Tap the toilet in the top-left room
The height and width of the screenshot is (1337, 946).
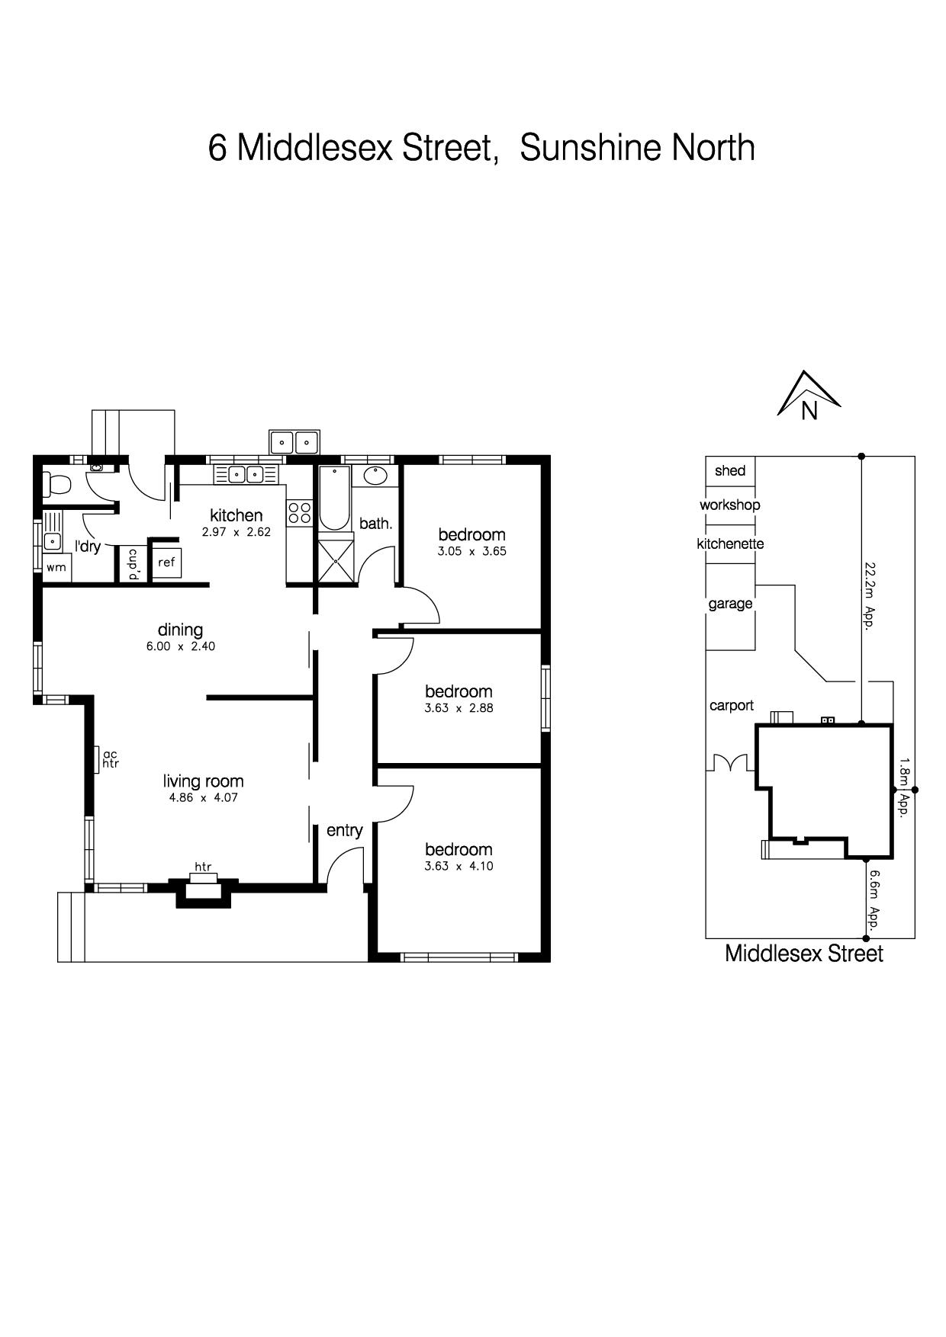57,483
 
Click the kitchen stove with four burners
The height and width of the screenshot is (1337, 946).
299,512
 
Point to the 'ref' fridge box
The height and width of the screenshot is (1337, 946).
166,563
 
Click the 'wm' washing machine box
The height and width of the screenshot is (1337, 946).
56,568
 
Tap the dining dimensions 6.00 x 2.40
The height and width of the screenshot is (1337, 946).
181,646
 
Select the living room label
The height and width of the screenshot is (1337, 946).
204,781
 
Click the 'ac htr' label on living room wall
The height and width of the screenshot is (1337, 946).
111,758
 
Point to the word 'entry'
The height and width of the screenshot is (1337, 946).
344,831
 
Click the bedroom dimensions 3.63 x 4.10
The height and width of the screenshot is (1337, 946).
459,866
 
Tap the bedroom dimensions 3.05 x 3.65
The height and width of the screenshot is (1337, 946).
471,551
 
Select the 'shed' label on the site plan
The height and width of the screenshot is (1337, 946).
730,470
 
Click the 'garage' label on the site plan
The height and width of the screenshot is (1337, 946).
730,604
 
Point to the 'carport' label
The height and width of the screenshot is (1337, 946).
732,706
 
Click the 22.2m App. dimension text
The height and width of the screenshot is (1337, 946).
868,595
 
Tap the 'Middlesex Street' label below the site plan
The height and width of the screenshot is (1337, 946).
804,954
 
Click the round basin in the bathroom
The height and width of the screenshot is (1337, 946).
375,476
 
